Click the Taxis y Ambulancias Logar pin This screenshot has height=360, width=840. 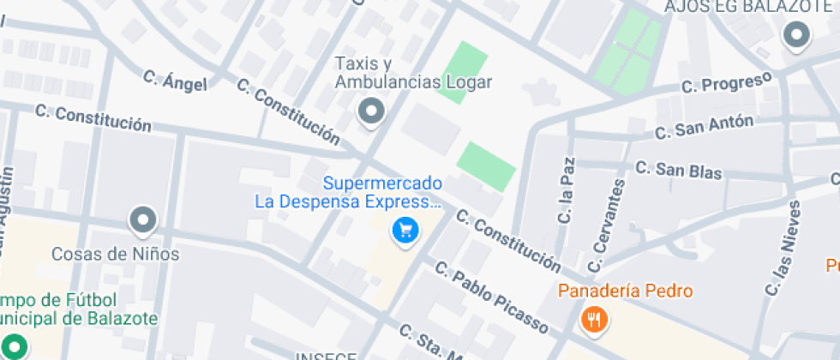click(x=371, y=111)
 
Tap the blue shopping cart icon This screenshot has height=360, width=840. click(x=405, y=230)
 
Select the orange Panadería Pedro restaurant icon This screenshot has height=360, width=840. click(x=593, y=320)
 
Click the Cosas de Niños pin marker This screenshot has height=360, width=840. click(x=143, y=220)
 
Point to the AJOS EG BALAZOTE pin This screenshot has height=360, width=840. click(x=798, y=36)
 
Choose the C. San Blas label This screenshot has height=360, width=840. click(x=678, y=169)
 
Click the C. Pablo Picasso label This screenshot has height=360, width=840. click(x=491, y=296)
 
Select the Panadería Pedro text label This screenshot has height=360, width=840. click(x=625, y=291)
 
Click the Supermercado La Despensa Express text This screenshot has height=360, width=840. click(x=383, y=193)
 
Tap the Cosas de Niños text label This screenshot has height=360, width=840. click(x=116, y=255)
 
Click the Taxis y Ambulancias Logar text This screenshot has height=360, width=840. click(x=413, y=74)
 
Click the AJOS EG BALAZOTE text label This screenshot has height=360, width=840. click(x=737, y=8)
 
